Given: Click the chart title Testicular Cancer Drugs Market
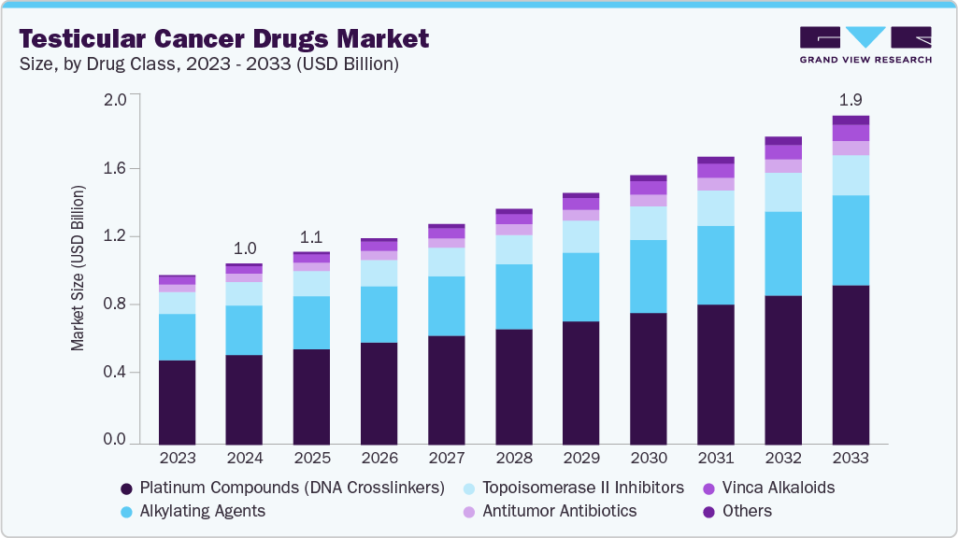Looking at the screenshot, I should [x=224, y=39].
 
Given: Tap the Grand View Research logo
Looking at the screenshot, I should [x=865, y=44].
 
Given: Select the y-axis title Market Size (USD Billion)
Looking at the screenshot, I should [x=78, y=268].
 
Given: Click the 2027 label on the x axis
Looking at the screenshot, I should [x=447, y=459].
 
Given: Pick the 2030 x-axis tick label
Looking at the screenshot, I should [x=649, y=459].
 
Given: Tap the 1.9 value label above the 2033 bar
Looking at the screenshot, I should [x=851, y=99].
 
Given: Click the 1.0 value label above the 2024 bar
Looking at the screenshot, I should [x=244, y=248].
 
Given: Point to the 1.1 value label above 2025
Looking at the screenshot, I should [x=311, y=236].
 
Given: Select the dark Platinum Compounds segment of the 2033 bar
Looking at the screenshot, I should [x=851, y=364].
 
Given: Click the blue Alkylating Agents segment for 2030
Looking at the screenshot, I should [x=649, y=276].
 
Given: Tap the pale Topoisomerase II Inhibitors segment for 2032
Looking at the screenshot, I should [x=783, y=192].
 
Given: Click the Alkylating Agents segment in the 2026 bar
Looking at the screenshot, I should [x=379, y=315].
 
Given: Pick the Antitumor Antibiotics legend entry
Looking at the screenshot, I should [x=558, y=511].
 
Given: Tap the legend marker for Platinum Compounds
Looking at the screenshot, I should [x=126, y=488].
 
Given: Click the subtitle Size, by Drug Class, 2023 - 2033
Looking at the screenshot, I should [x=210, y=64].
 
